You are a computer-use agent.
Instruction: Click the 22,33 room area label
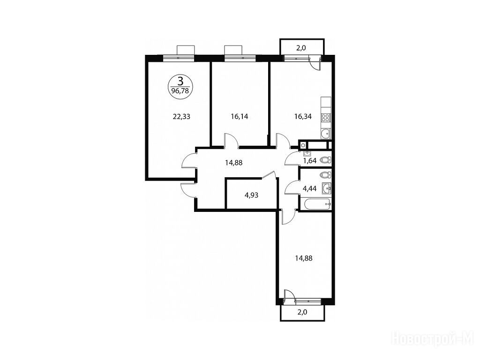[181, 117]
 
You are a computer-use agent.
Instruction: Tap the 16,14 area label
[240, 117]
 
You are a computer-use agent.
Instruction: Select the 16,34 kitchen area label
[303, 117]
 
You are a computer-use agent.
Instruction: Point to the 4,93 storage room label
[251, 195]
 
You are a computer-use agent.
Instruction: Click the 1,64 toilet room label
[309, 160]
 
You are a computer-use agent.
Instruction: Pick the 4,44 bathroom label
[309, 188]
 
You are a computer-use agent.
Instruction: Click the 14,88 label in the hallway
[233, 163]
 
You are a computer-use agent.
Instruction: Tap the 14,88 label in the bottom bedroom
[304, 258]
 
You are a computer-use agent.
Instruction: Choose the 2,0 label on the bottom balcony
[302, 312]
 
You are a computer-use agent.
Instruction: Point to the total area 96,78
[180, 90]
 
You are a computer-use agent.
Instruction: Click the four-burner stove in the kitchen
[325, 118]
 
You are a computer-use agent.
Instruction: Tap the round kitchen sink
[325, 133]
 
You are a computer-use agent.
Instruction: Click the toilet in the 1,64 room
[325, 160]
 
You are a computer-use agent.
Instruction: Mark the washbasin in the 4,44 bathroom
[326, 188]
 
